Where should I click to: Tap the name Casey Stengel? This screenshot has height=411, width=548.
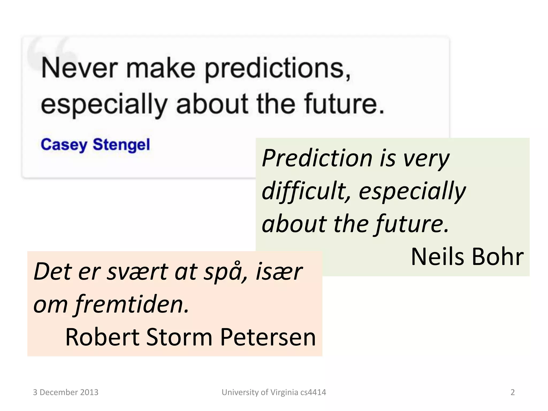(x=95, y=145)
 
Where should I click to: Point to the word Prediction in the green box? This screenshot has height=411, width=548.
(x=317, y=158)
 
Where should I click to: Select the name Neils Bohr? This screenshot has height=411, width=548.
(x=467, y=257)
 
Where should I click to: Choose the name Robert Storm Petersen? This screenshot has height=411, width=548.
(x=190, y=337)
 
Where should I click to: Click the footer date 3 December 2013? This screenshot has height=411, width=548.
(x=66, y=392)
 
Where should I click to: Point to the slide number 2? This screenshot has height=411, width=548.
(x=512, y=392)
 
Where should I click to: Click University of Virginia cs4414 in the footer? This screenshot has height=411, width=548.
(x=274, y=392)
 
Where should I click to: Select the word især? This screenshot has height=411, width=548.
(x=279, y=272)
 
